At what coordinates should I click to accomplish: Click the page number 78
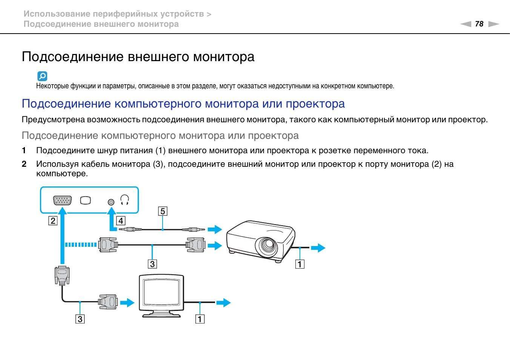coord(479,24)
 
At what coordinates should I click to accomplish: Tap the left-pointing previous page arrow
coord(466,24)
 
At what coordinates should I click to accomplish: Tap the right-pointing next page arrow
coord(493,24)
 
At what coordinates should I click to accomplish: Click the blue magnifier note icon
coord(42,76)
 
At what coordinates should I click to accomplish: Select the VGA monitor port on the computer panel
coord(63,200)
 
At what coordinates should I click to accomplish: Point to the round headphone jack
coord(111,202)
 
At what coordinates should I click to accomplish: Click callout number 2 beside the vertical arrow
coord(53,221)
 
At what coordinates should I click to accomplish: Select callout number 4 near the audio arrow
coord(121,221)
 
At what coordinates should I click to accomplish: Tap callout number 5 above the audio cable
coord(163,211)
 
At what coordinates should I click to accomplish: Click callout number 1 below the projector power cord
coord(300,264)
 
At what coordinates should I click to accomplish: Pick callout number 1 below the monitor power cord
coord(200,319)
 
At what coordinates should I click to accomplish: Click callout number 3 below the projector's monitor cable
coord(152,264)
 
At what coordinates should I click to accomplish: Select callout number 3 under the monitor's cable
coord(80,319)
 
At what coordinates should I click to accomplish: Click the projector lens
coord(268,246)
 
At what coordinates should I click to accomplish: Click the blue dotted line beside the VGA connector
coord(81,245)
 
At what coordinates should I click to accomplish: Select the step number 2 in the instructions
coord(24,164)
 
